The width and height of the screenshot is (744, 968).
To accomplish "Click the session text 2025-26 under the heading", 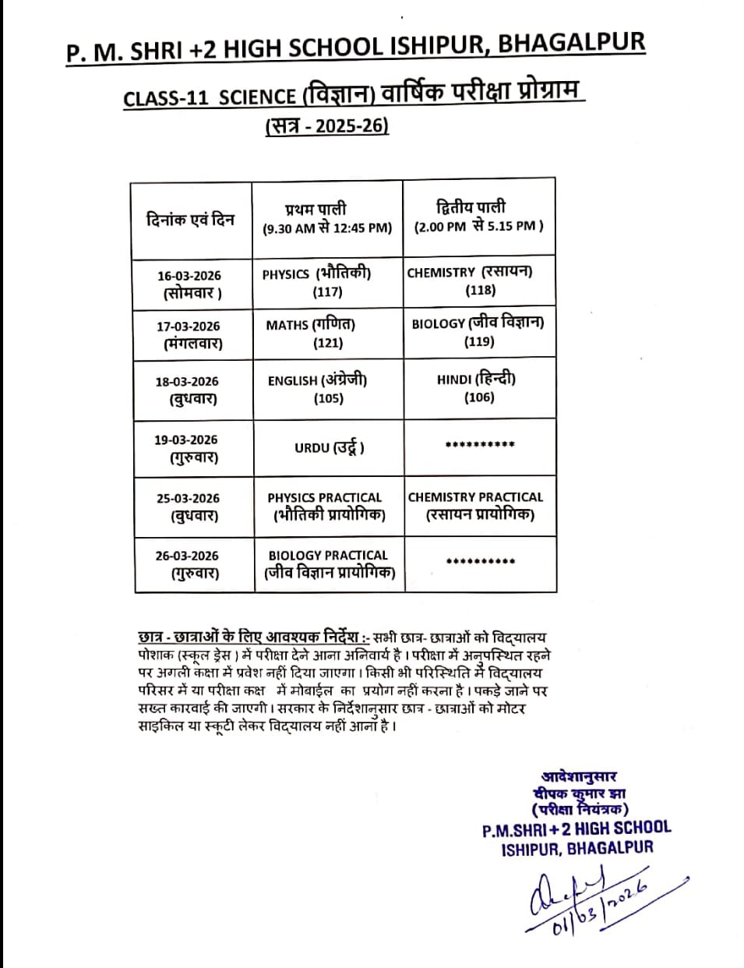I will click(x=351, y=125).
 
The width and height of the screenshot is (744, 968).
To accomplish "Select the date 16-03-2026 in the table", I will click(x=189, y=276).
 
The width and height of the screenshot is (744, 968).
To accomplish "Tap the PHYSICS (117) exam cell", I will click(x=326, y=282).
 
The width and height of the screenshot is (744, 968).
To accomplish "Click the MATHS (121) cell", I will click(x=326, y=334).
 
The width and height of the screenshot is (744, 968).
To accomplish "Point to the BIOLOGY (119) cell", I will click(x=478, y=331).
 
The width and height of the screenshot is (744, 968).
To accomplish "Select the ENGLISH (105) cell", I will click(x=327, y=389).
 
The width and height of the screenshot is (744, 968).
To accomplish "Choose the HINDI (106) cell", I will click(x=477, y=387).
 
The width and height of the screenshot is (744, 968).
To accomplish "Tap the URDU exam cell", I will click(x=329, y=447).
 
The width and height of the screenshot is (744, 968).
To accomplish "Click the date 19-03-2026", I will click(x=186, y=440).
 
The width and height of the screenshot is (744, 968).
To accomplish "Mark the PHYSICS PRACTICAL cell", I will click(x=326, y=506).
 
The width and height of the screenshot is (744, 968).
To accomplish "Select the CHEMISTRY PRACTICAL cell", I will click(x=476, y=505).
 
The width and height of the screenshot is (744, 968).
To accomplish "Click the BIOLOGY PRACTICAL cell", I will click(x=328, y=564).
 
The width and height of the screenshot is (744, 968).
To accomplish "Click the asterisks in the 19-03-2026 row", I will click(x=479, y=446).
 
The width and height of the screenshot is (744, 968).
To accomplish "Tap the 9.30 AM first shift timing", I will click(x=327, y=228).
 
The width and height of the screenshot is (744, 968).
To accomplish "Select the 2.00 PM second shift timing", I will click(x=478, y=226).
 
